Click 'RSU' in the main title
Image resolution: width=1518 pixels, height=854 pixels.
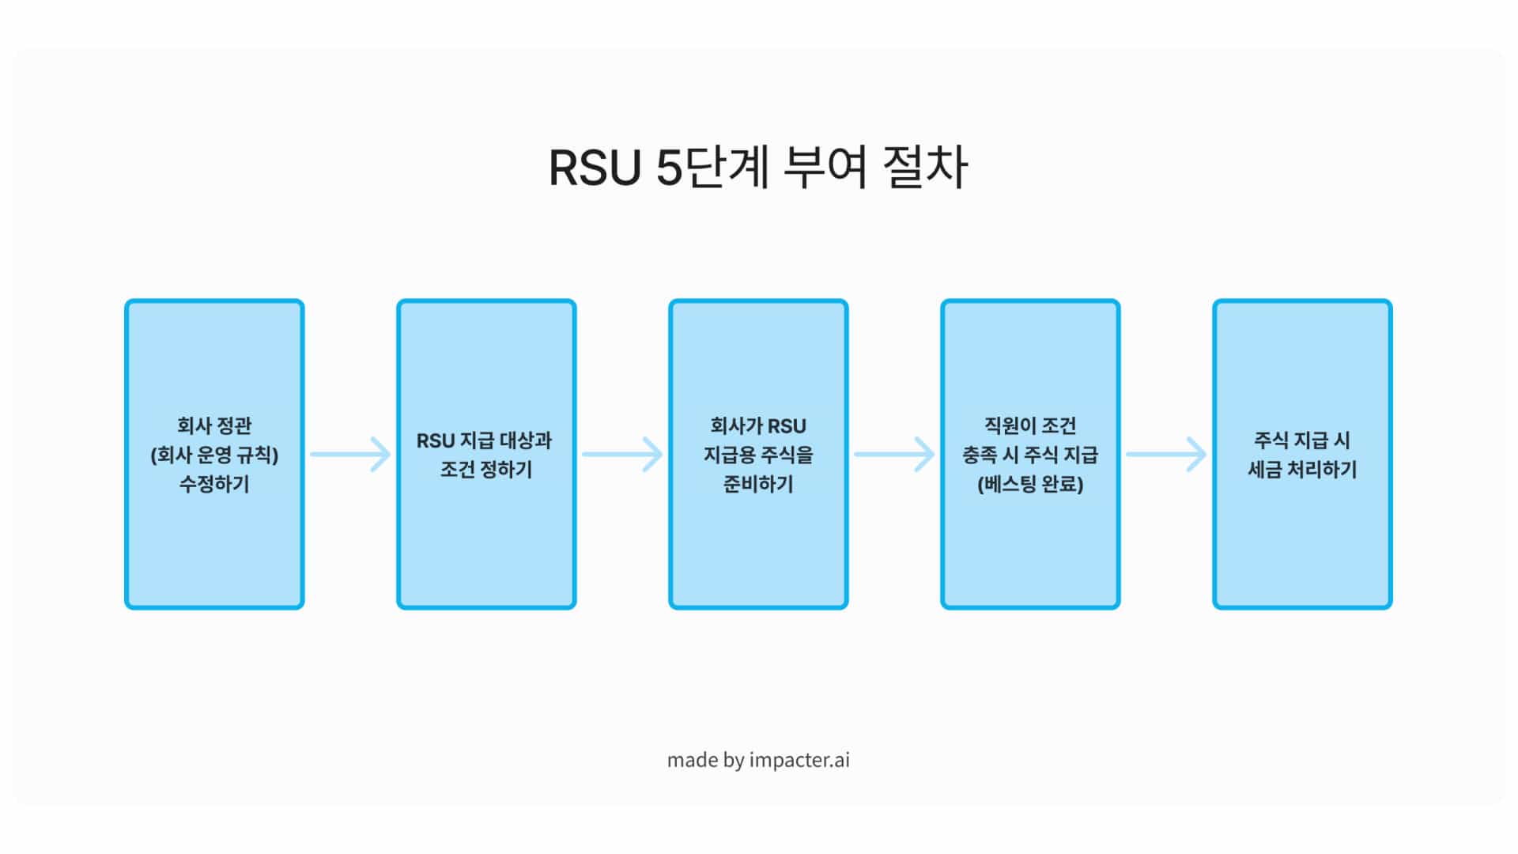[594, 168]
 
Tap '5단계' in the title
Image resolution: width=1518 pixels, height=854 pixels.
[712, 168]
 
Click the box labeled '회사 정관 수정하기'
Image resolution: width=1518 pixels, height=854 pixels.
[214, 538]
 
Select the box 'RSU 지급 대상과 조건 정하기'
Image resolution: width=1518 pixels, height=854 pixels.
[486, 538]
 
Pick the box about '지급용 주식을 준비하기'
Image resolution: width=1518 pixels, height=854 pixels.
[758, 538]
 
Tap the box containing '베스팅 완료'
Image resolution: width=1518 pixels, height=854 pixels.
[1030, 538]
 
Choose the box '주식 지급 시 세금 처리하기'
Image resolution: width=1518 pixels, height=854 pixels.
[1302, 538]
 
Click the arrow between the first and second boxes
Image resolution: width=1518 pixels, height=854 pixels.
[350, 455]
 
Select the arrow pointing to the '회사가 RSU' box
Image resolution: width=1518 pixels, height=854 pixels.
[622, 455]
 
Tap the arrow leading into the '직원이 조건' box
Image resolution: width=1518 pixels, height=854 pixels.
[894, 455]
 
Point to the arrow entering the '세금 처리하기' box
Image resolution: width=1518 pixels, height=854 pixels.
[1166, 455]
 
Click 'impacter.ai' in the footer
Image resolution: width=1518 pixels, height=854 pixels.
[799, 760]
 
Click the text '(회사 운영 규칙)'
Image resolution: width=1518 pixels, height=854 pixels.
[214, 455]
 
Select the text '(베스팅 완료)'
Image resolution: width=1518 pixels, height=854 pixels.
[1030, 484]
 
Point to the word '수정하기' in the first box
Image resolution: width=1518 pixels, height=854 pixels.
[214, 484]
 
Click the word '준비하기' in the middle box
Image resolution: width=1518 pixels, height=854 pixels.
[758, 484]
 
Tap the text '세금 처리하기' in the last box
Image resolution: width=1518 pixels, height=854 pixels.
[1302, 470]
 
